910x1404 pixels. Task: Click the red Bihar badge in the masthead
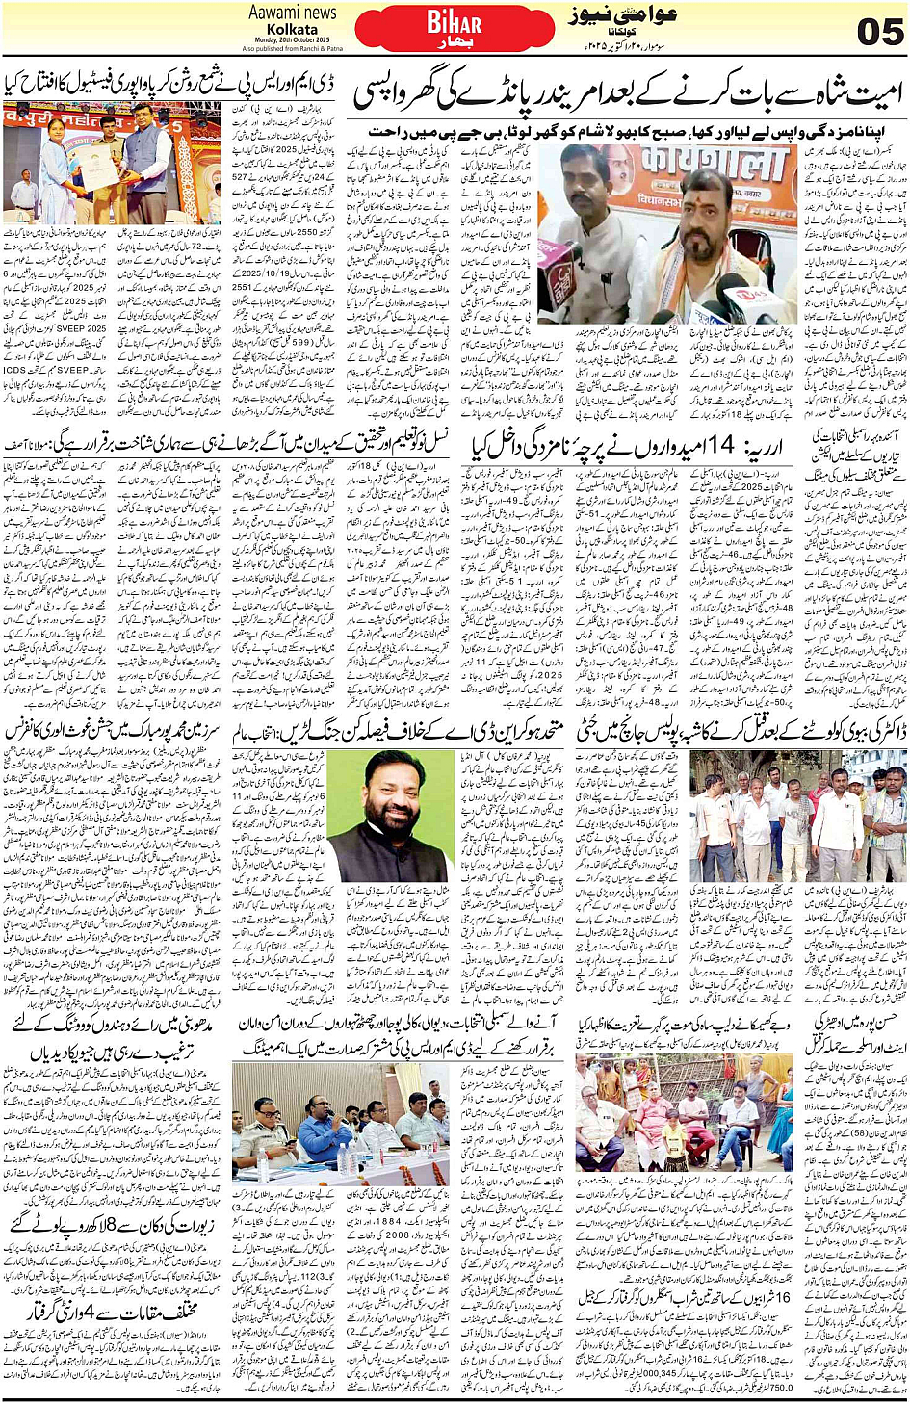(x=454, y=29)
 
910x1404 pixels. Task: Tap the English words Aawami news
(x=293, y=13)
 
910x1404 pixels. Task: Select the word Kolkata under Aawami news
(x=293, y=29)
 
